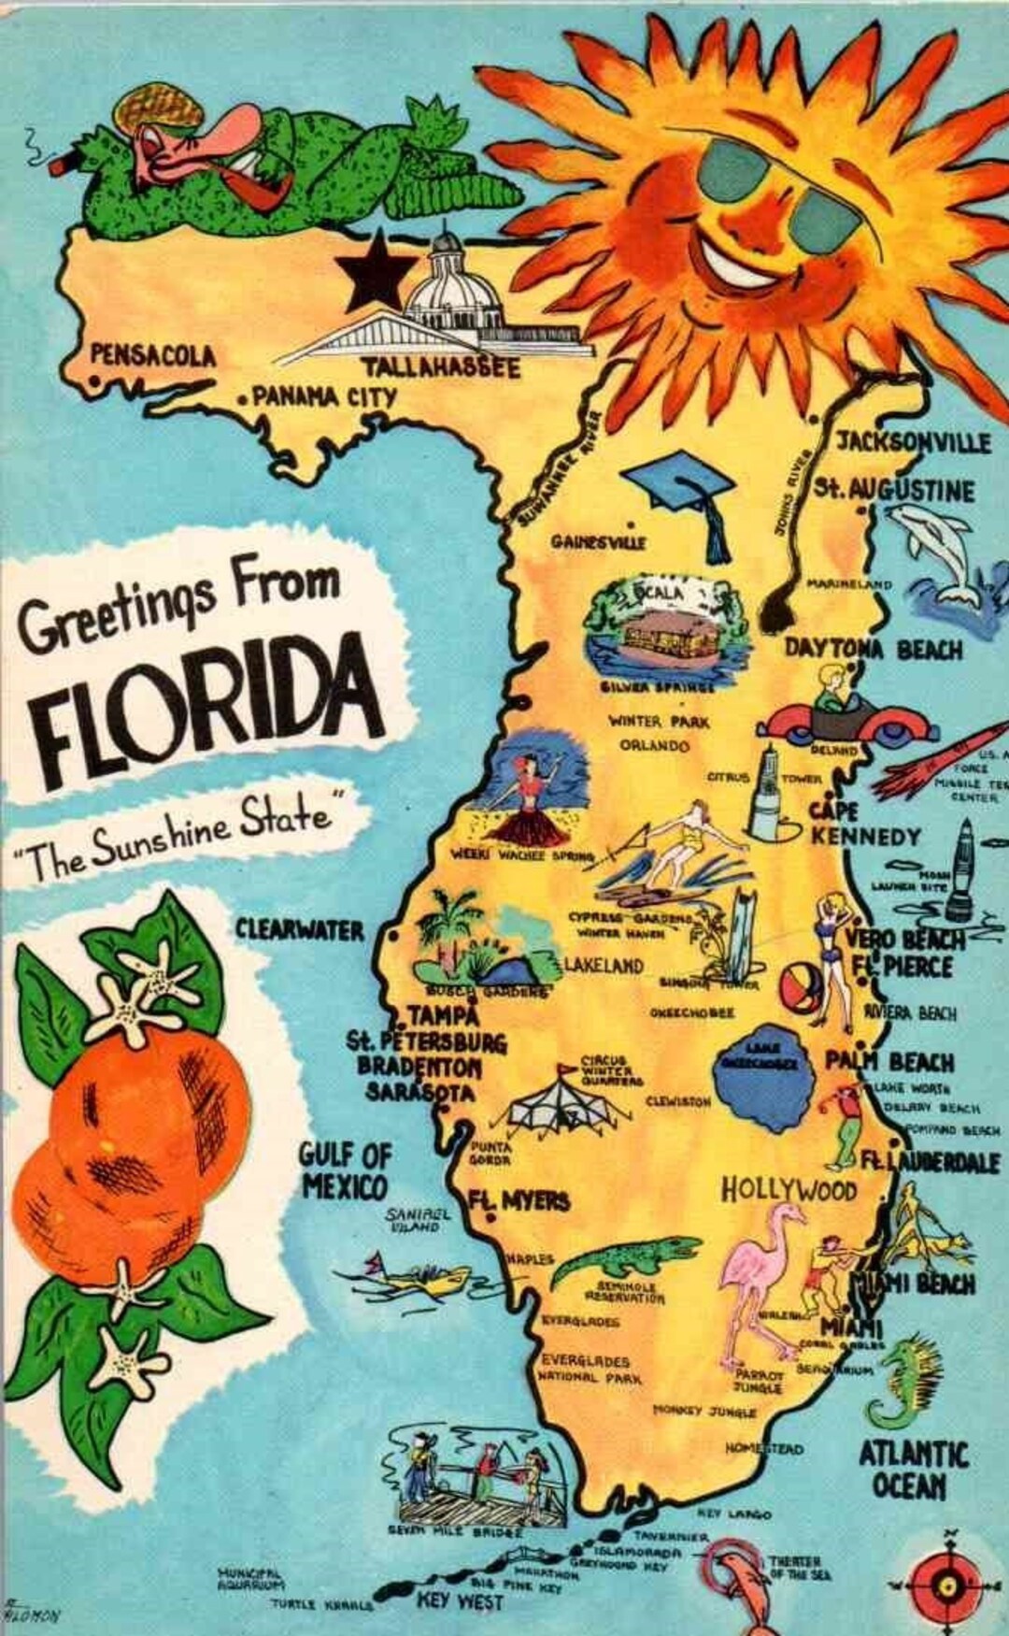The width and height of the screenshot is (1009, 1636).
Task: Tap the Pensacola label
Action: [x=152, y=355]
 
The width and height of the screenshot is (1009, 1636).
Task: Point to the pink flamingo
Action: [x=761, y=1281]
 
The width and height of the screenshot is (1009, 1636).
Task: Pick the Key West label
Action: [x=460, y=1600]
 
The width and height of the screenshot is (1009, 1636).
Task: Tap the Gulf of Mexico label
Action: [x=344, y=1170]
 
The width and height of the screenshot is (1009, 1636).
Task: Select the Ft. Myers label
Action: [x=519, y=1200]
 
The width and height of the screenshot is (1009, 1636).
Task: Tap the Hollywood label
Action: [x=789, y=1189]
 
